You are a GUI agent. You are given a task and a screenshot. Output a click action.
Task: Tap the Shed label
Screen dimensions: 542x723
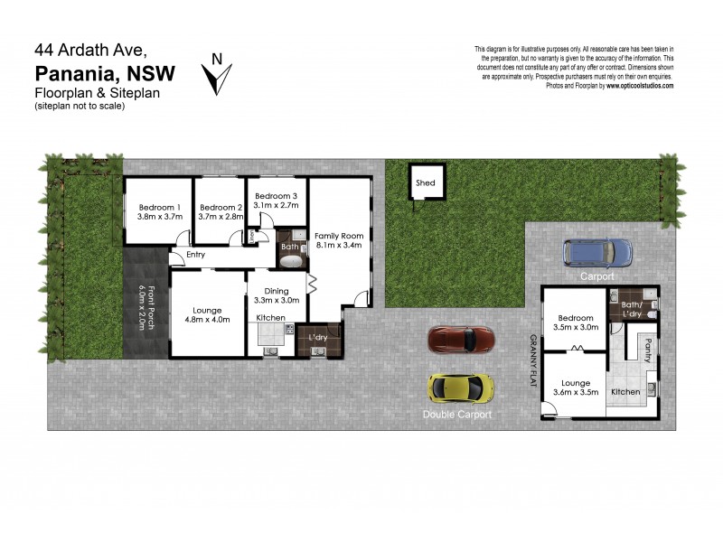425,183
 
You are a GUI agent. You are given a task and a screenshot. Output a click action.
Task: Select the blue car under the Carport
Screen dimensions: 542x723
597,252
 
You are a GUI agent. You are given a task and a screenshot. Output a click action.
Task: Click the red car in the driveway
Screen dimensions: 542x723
462,340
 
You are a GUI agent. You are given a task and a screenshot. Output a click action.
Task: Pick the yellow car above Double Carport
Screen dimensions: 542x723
462,388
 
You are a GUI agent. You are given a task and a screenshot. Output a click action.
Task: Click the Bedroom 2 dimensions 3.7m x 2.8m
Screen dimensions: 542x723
221,217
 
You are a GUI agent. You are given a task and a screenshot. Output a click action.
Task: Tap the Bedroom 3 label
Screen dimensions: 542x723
276,196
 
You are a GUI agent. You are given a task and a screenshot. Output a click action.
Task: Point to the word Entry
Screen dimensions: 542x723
196,255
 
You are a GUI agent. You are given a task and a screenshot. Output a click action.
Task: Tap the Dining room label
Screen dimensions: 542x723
277,291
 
